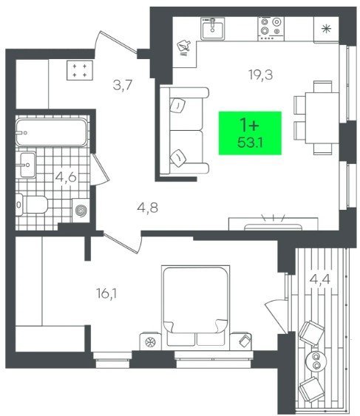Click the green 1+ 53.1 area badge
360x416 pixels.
click(x=250, y=133)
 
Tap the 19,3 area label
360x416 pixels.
click(x=261, y=75)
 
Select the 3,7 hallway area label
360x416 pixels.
click(x=123, y=85)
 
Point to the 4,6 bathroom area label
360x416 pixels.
click(x=66, y=177)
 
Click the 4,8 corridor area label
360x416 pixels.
click(x=148, y=208)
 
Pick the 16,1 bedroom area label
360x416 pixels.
click(x=106, y=293)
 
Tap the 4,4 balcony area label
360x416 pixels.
click(x=320, y=279)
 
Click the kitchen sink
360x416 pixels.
click(x=212, y=29)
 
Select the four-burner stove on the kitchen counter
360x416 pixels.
click(x=271, y=29)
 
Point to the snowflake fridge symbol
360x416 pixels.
click(x=326, y=29)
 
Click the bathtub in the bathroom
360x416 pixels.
click(x=51, y=132)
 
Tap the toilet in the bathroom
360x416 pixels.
click(x=32, y=205)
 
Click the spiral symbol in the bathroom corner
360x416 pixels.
click(x=81, y=211)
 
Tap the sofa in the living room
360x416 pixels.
click(x=184, y=131)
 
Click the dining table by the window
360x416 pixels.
click(x=322, y=117)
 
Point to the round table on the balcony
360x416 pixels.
click(x=316, y=361)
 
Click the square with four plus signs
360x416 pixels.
click(x=80, y=70)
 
